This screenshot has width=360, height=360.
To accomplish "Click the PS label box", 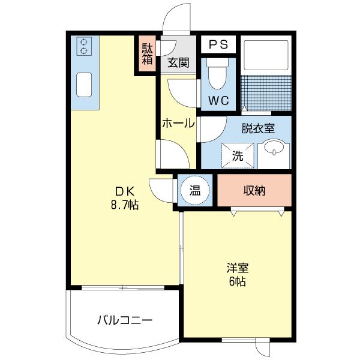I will pyautogui.click(x=218, y=44).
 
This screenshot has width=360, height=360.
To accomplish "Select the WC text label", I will pyautogui.click(x=218, y=100).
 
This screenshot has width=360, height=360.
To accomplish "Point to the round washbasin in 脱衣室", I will pyautogui.click(x=275, y=148).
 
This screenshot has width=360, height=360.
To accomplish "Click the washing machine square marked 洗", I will pyautogui.click(x=238, y=155).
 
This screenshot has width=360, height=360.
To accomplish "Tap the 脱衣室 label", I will pyautogui.click(x=258, y=128).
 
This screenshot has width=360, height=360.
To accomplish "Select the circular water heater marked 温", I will pyautogui.click(x=195, y=191).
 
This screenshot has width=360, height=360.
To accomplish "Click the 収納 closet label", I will pyautogui.click(x=254, y=191).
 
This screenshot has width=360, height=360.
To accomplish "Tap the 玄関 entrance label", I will pyautogui.click(x=177, y=62).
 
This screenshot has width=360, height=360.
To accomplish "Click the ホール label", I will pyautogui.click(x=178, y=124).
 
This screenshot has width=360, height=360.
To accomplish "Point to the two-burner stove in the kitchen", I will pyautogui.click(x=85, y=47).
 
